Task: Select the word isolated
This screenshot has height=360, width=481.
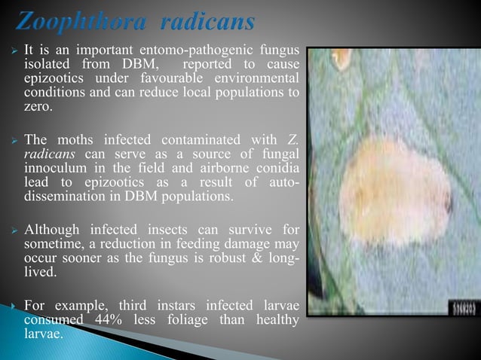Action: (47, 65)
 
